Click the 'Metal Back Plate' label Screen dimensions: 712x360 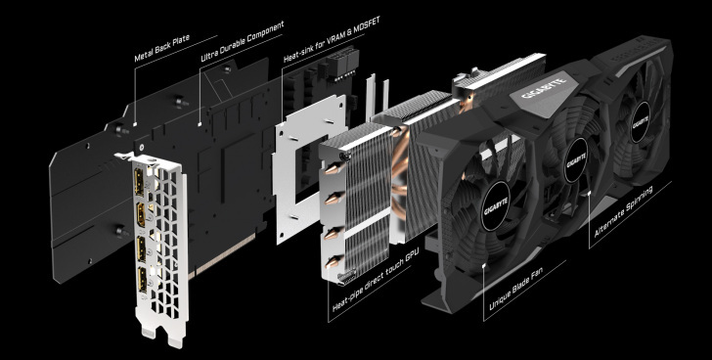(x=162, y=48)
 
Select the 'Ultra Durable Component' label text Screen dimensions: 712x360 (x=243, y=41)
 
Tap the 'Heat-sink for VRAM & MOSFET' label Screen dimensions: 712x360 (x=332, y=39)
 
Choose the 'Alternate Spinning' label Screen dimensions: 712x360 (x=624, y=212)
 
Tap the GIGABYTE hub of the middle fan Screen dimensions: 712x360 (x=577, y=160)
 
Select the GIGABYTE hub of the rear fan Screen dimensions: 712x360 (x=641, y=122)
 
